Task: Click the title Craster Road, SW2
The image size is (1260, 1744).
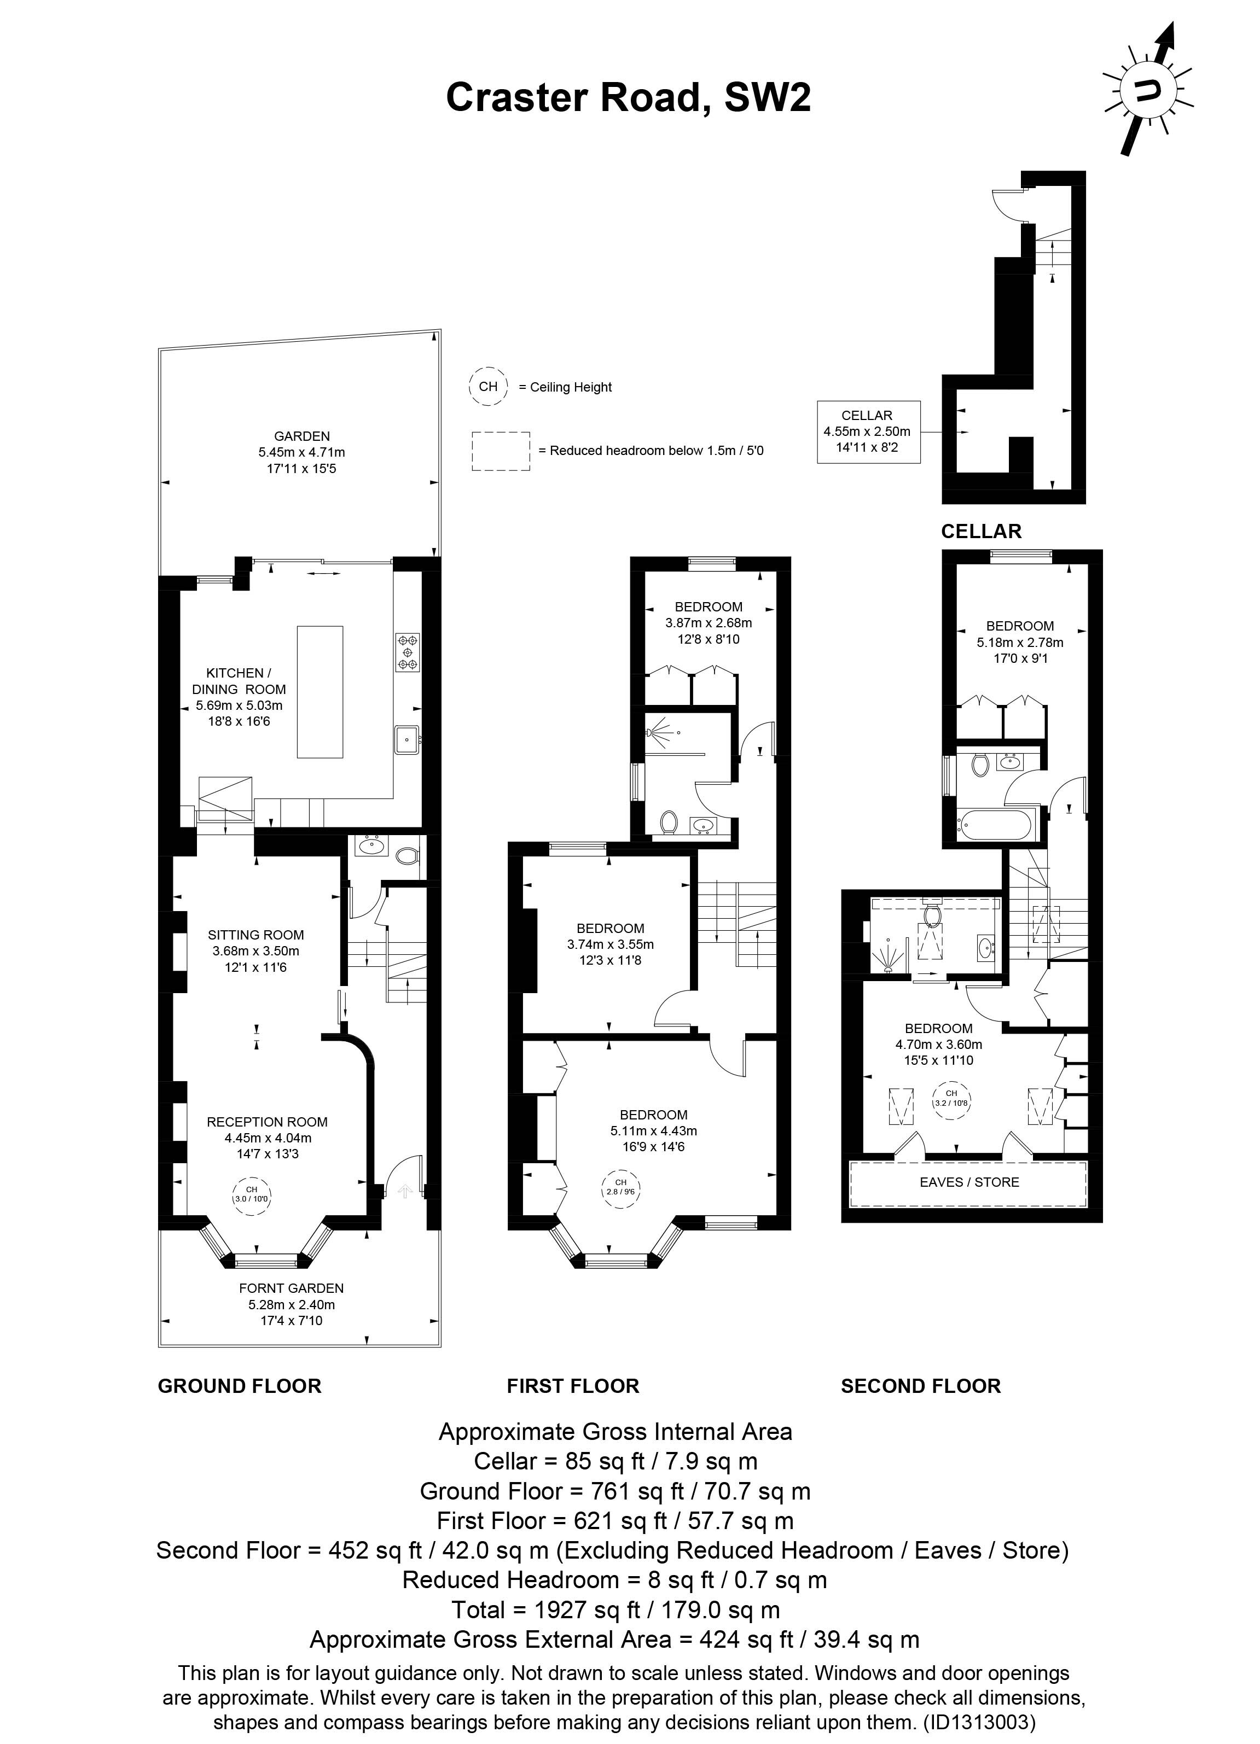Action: pyautogui.click(x=629, y=98)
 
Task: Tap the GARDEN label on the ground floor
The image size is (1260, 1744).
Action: pyautogui.click(x=301, y=436)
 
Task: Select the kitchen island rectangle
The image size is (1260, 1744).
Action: pyautogui.click(x=320, y=692)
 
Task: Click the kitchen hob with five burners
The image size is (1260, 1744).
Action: pyautogui.click(x=408, y=651)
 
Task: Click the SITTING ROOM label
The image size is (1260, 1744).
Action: pyautogui.click(x=256, y=935)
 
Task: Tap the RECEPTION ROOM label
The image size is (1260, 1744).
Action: pyautogui.click(x=267, y=1122)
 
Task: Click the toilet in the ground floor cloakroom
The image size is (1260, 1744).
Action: pyautogui.click(x=407, y=854)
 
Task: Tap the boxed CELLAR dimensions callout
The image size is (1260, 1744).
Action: pyautogui.click(x=868, y=431)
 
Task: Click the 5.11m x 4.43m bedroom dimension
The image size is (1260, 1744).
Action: pyautogui.click(x=653, y=1130)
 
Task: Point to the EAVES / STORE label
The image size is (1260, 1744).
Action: pyautogui.click(x=969, y=1182)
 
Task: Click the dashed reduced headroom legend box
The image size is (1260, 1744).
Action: pyautogui.click(x=501, y=451)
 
